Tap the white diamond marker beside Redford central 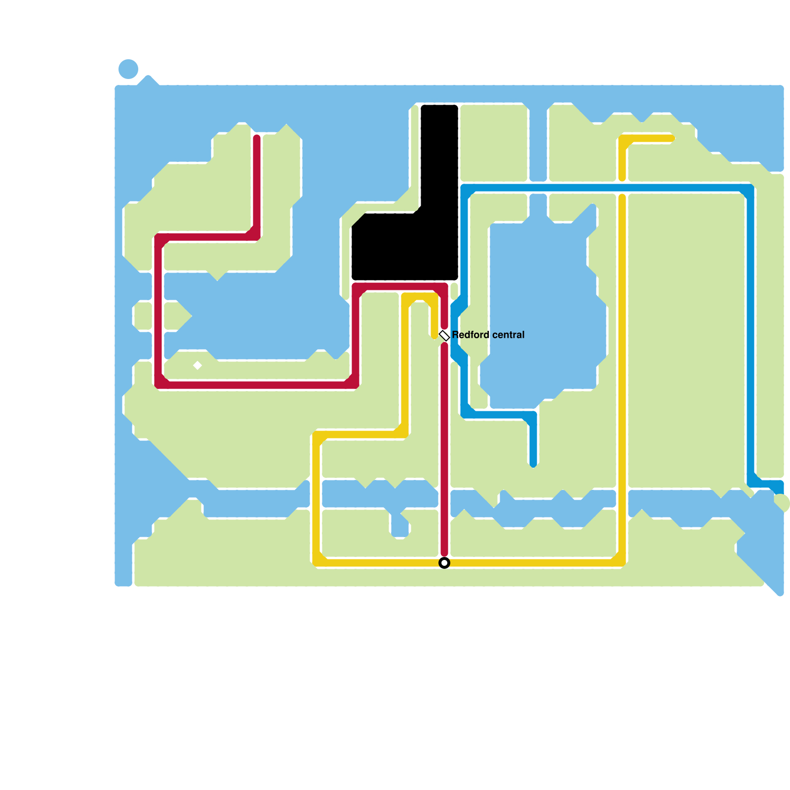click(444, 336)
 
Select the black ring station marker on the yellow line click(444, 563)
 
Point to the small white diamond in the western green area click(197, 365)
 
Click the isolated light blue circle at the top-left click(128, 69)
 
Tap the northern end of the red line click(257, 139)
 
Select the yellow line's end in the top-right click(671, 139)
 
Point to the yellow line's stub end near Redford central click(434, 335)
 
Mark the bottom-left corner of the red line click(158, 385)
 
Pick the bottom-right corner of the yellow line click(622, 562)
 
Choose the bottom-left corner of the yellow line click(316, 562)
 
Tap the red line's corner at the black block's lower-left click(356, 287)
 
